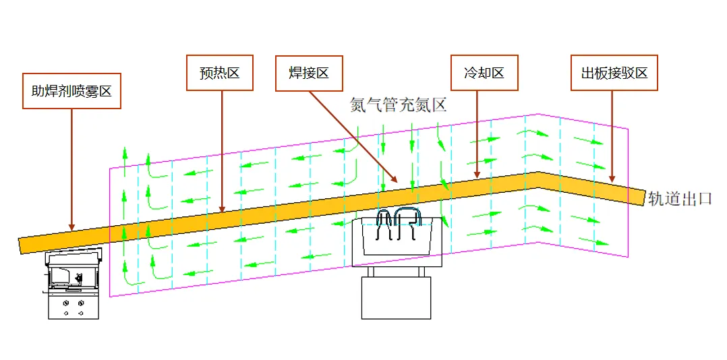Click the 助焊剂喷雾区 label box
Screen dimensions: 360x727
[71, 91]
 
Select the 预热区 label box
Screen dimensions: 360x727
[219, 73]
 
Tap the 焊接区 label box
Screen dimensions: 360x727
[310, 73]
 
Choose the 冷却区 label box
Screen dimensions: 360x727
[484, 73]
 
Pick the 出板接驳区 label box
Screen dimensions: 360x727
[614, 73]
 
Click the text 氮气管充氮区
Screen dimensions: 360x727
[399, 104]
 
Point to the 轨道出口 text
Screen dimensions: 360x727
[680, 198]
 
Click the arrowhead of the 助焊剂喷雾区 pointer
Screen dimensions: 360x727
[71, 228]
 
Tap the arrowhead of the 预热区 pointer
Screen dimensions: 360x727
[223, 210]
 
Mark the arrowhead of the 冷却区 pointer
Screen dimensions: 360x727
[477, 177]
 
